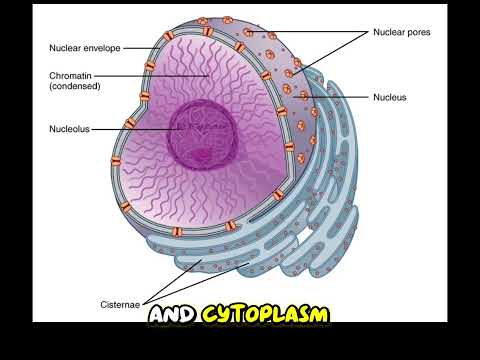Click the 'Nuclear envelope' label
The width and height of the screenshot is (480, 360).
84,47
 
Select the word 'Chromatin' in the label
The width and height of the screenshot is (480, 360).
71,76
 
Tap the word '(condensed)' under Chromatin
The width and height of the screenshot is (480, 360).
76,88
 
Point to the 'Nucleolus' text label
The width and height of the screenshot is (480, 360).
69,129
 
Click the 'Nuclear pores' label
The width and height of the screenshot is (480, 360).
402,32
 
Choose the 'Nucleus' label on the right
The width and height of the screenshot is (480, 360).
390,98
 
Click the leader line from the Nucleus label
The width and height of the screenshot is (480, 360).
340,98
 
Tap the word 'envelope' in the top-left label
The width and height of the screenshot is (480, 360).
102,47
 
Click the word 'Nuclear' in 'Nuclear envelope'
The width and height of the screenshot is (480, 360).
65,47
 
